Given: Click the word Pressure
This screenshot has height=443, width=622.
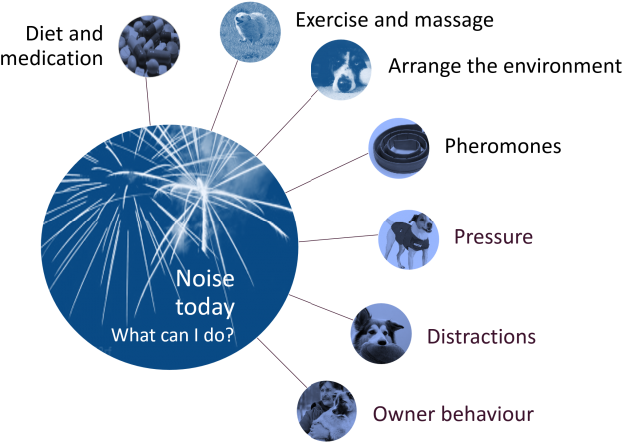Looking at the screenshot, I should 493,237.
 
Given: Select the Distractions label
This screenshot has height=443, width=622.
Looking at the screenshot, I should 481,336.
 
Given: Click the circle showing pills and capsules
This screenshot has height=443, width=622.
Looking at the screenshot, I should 149,44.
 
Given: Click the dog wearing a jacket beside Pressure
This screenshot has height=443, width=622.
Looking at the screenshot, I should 408,238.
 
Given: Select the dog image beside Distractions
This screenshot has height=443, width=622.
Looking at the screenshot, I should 382,333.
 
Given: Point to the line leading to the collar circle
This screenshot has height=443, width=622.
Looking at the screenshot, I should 329,170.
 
